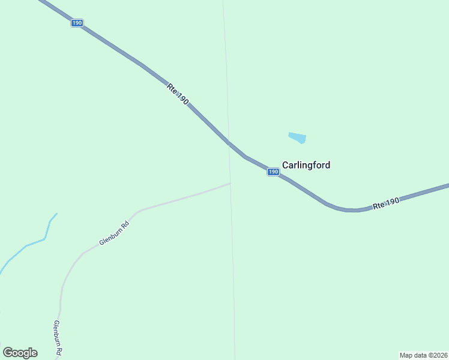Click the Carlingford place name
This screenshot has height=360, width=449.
pyautogui.click(x=306, y=165)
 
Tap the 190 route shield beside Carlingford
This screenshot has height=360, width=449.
pyautogui.click(x=273, y=172)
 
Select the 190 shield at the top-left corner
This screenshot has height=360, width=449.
pyautogui.click(x=76, y=23)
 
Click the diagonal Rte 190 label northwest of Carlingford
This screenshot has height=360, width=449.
pyautogui.click(x=178, y=95)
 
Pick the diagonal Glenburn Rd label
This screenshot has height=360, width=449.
pyautogui.click(x=114, y=233)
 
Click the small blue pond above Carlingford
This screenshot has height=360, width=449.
pyautogui.click(x=297, y=138)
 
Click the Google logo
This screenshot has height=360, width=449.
pyautogui.click(x=20, y=353)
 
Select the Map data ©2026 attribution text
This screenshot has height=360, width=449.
pyautogui.click(x=423, y=355)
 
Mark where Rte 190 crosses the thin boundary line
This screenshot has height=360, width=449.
pyautogui.click(x=228, y=143)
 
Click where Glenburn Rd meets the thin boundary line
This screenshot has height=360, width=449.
pyautogui.click(x=231, y=184)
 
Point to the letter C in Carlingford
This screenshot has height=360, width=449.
pyautogui.click(x=286, y=165)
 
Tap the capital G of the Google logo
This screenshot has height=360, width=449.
pyautogui.click(x=8, y=353)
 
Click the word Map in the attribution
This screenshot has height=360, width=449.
pyautogui.click(x=406, y=355)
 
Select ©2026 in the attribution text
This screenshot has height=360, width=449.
pyautogui.click(x=436, y=355)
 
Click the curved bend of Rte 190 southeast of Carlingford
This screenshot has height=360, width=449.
pyautogui.click(x=348, y=210)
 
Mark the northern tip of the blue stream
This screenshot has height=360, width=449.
pyautogui.click(x=56, y=214)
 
